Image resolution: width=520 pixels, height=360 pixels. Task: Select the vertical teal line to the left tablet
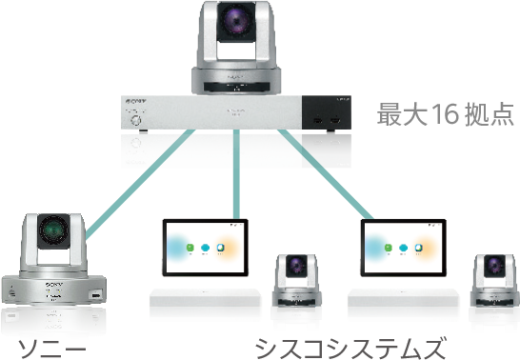pyautogui.click(x=235, y=190)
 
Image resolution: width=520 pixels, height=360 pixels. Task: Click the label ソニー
pyautogui.click(x=43, y=344)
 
